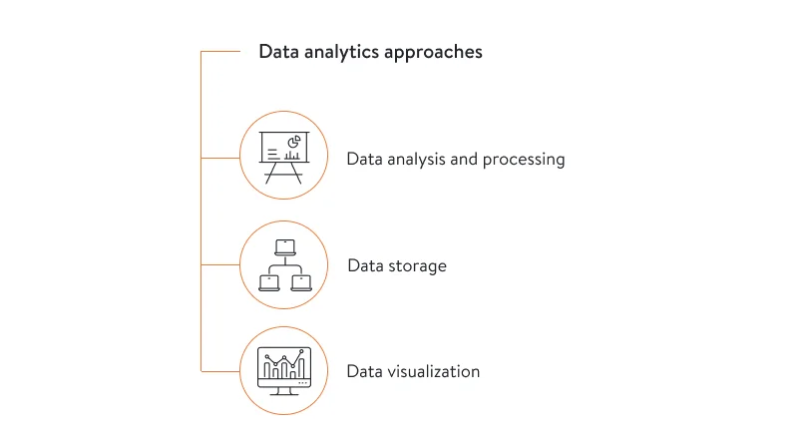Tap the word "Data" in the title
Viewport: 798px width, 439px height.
[x=277, y=52]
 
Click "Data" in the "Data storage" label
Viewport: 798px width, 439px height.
[x=365, y=266]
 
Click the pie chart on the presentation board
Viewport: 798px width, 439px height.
[x=294, y=142]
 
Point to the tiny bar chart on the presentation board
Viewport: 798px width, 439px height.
[x=292, y=156]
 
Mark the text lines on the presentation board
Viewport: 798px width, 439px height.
[x=272, y=153]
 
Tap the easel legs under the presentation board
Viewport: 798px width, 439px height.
[x=284, y=174]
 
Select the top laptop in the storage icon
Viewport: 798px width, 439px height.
[x=285, y=245]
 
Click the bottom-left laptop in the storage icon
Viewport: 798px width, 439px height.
[x=269, y=282]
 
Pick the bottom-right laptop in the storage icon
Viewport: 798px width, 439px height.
[x=301, y=282]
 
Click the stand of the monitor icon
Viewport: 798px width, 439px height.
[x=284, y=390]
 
